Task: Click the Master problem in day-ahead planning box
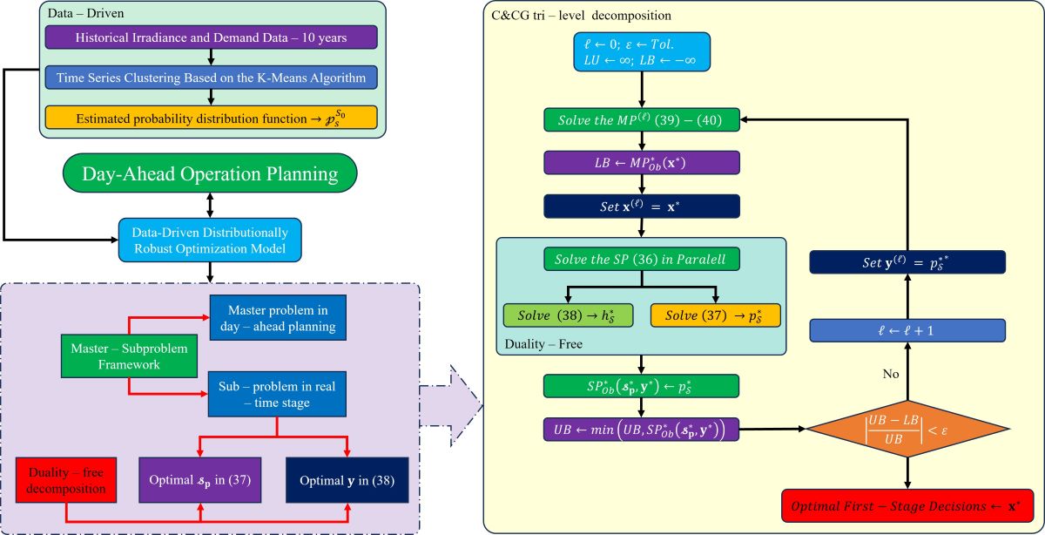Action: point(277,320)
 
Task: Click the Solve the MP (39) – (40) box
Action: point(642,119)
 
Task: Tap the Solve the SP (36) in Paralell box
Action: point(642,259)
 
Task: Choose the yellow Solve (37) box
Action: point(715,315)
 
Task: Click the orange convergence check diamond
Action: point(907,430)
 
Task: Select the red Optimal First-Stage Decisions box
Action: point(907,505)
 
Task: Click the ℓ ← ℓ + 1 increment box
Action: point(907,329)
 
